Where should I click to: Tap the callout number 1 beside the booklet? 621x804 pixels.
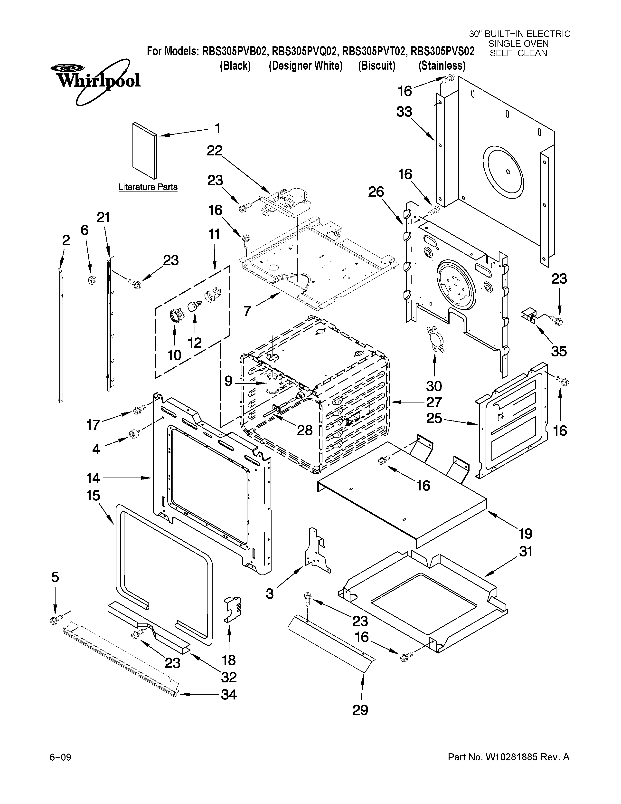click(x=217, y=128)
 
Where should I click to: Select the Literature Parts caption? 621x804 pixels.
click(x=148, y=187)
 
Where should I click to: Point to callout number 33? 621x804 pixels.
click(x=404, y=112)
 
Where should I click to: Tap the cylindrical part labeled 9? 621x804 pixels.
click(x=273, y=383)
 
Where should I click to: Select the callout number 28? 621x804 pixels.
click(x=305, y=430)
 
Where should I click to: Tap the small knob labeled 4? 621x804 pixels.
click(x=133, y=434)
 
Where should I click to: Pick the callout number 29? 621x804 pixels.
click(x=360, y=710)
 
